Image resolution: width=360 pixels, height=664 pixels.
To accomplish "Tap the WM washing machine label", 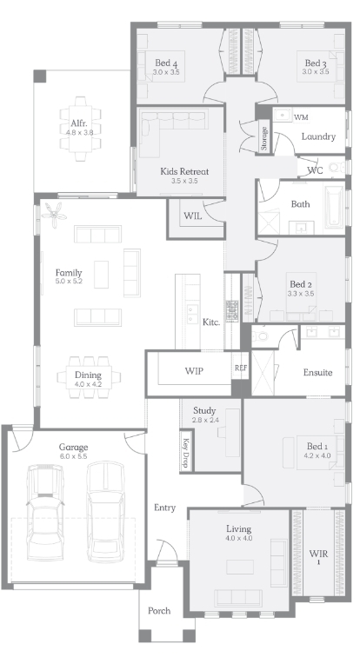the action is [301, 117].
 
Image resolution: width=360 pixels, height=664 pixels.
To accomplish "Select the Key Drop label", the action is [185, 451].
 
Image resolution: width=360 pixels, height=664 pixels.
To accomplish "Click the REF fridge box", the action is [241, 368].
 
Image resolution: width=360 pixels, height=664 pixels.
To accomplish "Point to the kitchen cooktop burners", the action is [231, 311].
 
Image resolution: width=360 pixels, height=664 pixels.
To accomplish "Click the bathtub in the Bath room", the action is [334, 207].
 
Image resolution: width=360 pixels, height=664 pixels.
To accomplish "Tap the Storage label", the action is [263, 138].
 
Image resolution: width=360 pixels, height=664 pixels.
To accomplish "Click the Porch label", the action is [159, 611].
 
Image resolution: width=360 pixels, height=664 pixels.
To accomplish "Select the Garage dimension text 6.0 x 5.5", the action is [73, 456].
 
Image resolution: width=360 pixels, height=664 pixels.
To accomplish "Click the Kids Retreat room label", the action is [184, 171].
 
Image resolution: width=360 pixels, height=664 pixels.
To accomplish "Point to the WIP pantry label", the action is [194, 371].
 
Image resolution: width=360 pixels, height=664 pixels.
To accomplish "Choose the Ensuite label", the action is [317, 373].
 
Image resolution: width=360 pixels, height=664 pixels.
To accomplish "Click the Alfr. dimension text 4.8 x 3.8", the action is [79, 132].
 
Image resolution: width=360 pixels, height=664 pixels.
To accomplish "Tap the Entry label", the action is [164, 508].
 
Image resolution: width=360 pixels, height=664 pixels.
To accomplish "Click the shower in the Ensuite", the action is [263, 373].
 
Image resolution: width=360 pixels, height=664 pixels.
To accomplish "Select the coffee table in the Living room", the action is [240, 567].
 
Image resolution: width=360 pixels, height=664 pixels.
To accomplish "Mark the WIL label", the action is [193, 216].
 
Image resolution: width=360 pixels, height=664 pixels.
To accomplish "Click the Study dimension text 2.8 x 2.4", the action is [204, 420].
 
